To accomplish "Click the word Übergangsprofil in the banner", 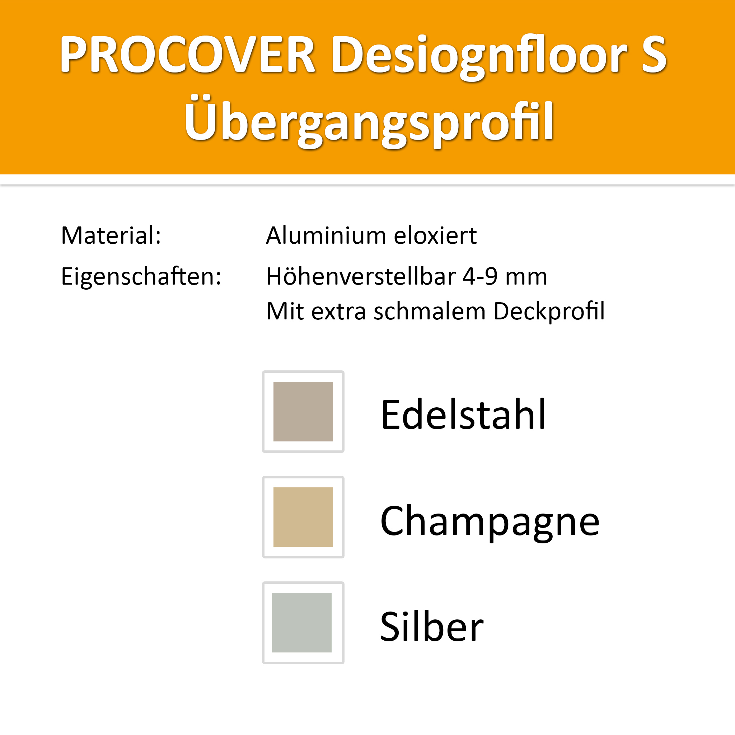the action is coord(369,121).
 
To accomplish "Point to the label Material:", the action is coord(111,235).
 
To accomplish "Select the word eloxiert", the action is coord(435,235).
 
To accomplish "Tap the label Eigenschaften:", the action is coord(141,276).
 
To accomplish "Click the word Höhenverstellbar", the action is coord(361,276).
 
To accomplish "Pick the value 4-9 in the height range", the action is coord(480,276).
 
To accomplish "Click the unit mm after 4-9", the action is coord(526,278).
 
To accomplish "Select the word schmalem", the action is coord(430,311).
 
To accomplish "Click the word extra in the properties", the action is coord(339,313).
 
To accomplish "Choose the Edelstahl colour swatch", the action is coord(303,412).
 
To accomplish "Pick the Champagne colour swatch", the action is coord(303,517).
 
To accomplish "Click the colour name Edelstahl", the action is coord(463,414).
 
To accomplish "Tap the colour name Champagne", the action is coord(490,523).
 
